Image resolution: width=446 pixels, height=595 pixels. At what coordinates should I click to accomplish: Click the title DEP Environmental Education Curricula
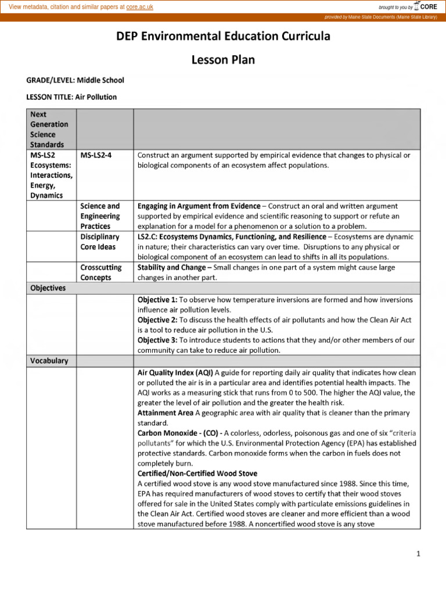(x=223, y=36)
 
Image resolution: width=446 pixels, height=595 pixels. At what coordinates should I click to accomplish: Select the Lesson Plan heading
(x=223, y=60)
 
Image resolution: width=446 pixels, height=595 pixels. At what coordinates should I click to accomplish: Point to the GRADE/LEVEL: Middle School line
(x=75, y=80)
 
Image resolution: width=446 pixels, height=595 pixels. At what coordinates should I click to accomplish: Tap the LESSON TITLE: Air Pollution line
(x=71, y=97)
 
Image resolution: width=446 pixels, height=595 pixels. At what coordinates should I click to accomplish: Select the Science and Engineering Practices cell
(x=100, y=216)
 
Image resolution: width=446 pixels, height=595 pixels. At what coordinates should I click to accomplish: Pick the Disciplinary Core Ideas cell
(x=100, y=242)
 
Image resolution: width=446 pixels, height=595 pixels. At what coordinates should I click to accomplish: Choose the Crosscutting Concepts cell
(x=100, y=273)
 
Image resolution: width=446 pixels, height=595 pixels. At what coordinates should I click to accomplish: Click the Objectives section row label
(x=48, y=288)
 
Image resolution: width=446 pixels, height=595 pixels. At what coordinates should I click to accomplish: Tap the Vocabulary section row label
(x=49, y=361)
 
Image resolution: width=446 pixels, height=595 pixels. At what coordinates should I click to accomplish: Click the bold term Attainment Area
(x=165, y=413)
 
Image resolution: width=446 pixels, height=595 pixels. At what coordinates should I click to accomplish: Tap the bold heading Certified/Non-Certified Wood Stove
(x=197, y=474)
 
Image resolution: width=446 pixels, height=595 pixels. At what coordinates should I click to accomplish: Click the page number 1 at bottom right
(x=418, y=554)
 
